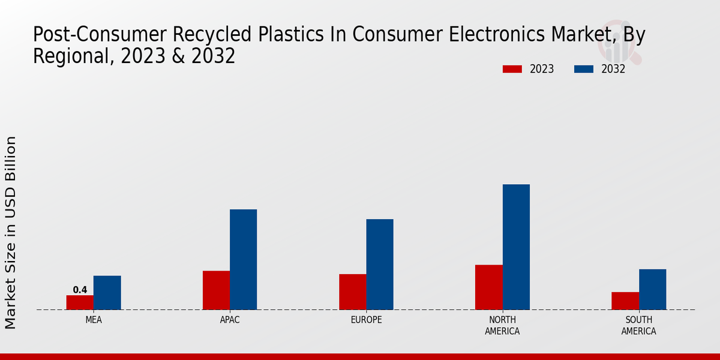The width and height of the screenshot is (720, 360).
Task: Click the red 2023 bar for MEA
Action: [x=80, y=302]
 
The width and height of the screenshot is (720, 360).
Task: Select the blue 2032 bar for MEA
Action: [x=107, y=293]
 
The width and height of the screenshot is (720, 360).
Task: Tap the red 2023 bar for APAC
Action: [x=216, y=290]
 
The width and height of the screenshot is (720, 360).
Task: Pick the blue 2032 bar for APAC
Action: [x=243, y=259]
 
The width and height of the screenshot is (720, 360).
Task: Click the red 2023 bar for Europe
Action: [x=352, y=292]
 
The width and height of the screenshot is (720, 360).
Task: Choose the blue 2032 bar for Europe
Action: [x=380, y=264]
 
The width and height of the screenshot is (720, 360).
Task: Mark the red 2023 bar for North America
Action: [x=488, y=287]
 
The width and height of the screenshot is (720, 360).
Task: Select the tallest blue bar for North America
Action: [x=516, y=247]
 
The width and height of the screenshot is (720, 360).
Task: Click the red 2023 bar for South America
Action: [x=625, y=301]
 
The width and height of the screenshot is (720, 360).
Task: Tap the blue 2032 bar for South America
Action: [x=652, y=289]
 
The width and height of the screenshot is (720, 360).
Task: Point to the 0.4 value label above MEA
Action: [x=80, y=290]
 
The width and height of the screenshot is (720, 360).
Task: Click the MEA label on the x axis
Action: [x=94, y=320]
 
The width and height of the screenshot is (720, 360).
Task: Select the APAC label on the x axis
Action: [x=230, y=320]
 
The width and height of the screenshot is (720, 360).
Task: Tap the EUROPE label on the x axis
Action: [x=366, y=320]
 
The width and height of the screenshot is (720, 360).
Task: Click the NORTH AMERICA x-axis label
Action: [x=502, y=325]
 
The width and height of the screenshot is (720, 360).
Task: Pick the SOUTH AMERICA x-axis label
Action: [x=638, y=325]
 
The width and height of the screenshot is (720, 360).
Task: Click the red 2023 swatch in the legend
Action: [x=512, y=69]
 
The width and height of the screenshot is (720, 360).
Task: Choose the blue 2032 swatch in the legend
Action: [x=584, y=69]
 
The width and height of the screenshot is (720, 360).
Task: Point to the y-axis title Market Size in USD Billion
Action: [x=11, y=232]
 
